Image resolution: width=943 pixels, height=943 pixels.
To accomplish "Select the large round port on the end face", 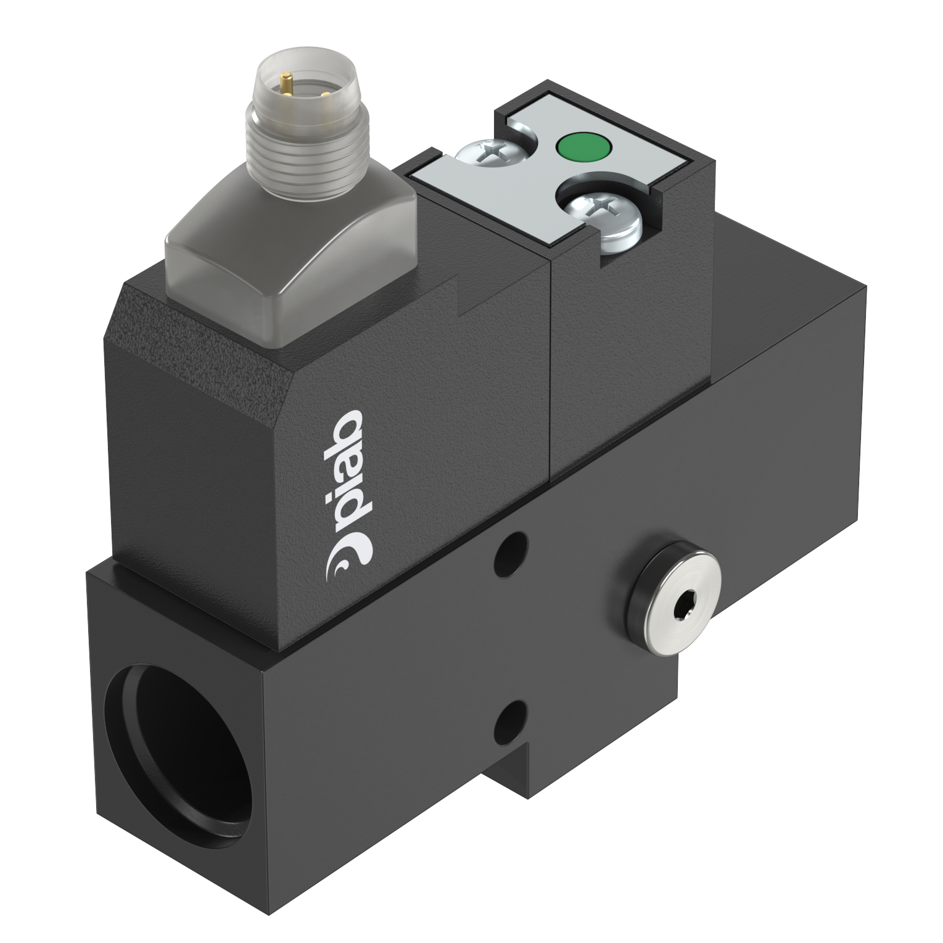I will (x=179, y=728).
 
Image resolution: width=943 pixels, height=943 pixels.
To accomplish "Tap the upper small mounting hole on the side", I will (x=513, y=550).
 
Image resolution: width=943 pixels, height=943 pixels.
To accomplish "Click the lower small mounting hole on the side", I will (x=513, y=717).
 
